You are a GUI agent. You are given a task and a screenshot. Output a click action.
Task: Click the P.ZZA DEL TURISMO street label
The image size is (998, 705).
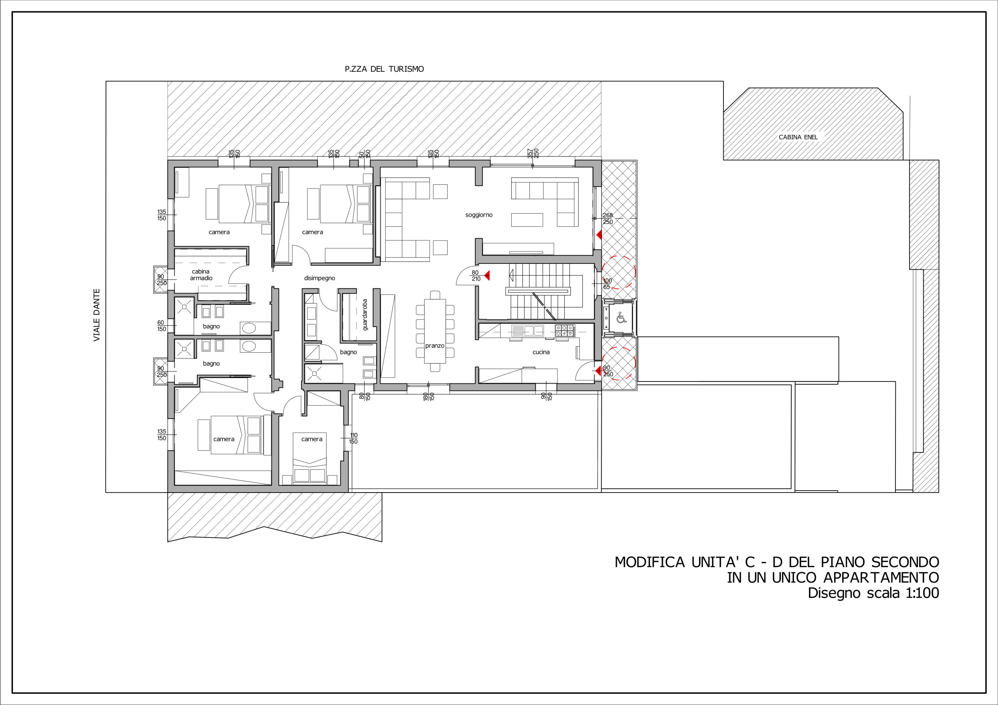384,69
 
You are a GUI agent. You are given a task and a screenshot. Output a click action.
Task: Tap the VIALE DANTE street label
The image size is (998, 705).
97,315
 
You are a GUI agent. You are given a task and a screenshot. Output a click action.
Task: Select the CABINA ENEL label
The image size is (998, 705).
798,137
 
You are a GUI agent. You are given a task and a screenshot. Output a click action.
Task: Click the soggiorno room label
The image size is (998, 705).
479,215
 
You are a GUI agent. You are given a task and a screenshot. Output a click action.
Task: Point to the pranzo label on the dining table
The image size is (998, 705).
435,346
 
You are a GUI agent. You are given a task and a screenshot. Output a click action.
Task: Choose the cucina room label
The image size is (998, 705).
541,352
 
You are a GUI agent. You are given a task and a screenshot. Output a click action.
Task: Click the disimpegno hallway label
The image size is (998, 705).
320,278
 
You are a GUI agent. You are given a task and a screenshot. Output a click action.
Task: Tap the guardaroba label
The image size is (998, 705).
365,315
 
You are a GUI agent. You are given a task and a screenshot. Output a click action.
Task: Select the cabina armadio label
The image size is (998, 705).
201,275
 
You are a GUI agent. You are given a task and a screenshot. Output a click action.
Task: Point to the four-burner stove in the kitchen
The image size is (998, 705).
565,331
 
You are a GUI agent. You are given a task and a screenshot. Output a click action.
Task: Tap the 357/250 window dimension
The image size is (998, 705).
533,154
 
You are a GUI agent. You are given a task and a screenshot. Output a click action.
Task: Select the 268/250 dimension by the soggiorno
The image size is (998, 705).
608,219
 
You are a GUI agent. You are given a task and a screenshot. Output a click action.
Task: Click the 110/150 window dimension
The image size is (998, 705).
353,438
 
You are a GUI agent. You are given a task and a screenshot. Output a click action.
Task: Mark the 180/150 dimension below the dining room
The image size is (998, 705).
428,396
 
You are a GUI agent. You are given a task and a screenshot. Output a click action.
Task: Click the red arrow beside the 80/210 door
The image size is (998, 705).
487,275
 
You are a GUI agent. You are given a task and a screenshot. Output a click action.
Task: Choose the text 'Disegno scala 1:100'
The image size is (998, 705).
873,593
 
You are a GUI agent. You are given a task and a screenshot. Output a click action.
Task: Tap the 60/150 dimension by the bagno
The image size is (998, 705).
161,326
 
